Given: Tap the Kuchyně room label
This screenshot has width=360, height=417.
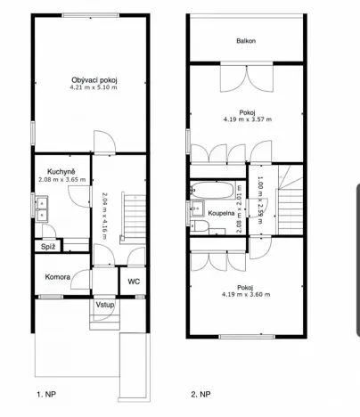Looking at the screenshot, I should point(62,171).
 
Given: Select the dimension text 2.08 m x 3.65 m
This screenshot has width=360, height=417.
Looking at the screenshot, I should point(62,179).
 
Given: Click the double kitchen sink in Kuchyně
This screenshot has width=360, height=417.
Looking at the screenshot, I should point(42,210).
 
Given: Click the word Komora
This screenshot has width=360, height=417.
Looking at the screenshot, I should point(59,277).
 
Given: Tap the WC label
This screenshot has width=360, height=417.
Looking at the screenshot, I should point(134,282).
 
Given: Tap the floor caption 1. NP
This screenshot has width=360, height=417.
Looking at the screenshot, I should point(46,392).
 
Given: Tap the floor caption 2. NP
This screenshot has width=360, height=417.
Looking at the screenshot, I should point(200,392).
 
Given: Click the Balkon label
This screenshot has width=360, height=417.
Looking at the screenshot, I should point(247,42).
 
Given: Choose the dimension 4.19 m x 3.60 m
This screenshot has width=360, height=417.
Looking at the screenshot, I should point(247,294).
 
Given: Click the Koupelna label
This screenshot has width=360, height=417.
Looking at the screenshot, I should point(221,215).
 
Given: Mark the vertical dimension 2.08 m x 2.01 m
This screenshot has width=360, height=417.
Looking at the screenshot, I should point(238,206).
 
